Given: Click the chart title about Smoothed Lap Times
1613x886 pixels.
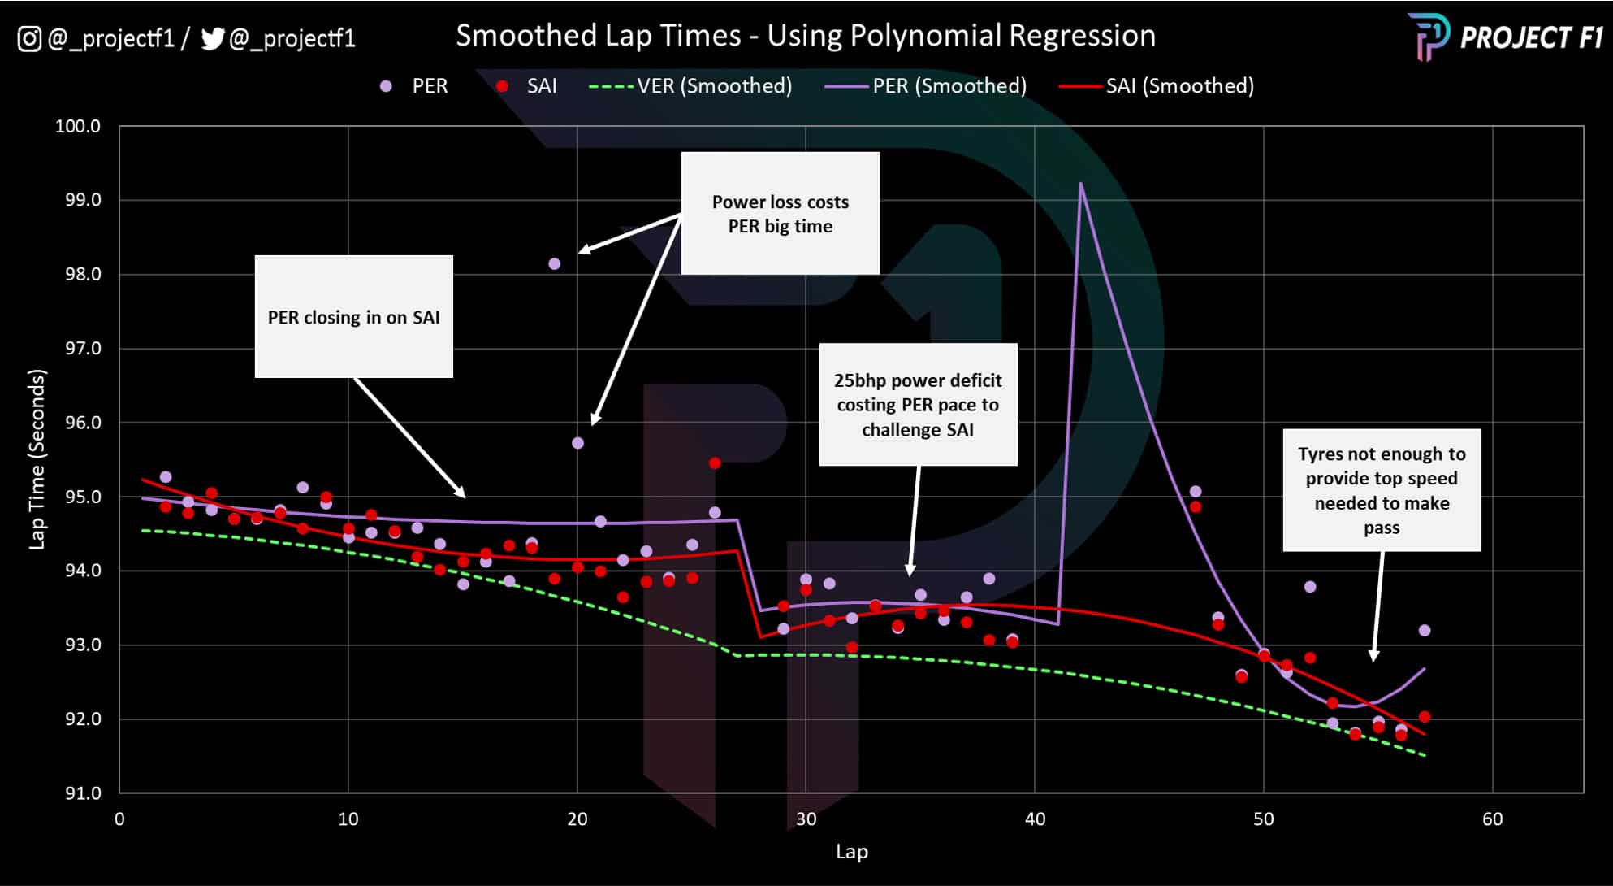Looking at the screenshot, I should click(x=805, y=36).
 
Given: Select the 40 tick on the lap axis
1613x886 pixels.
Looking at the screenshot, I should click(x=1035, y=819).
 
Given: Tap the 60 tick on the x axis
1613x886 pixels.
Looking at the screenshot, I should click(x=1493, y=819).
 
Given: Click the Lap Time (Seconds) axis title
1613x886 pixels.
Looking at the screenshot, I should click(x=37, y=459).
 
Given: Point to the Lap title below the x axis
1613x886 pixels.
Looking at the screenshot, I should click(x=852, y=852).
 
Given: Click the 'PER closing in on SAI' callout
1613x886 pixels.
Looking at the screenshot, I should click(x=354, y=317).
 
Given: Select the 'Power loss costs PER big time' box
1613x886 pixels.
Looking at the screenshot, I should click(x=781, y=214).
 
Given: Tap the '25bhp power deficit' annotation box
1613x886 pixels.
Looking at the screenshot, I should click(x=918, y=405).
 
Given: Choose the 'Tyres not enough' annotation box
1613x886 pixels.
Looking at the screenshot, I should click(x=1382, y=490).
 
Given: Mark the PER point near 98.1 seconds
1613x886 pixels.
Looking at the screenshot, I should click(x=555, y=263).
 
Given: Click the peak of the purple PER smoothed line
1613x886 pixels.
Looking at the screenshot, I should click(x=1081, y=184).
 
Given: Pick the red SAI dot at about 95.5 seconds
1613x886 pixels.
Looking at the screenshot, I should click(x=715, y=463).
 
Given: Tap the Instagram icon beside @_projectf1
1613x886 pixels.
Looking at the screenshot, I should click(x=29, y=38).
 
